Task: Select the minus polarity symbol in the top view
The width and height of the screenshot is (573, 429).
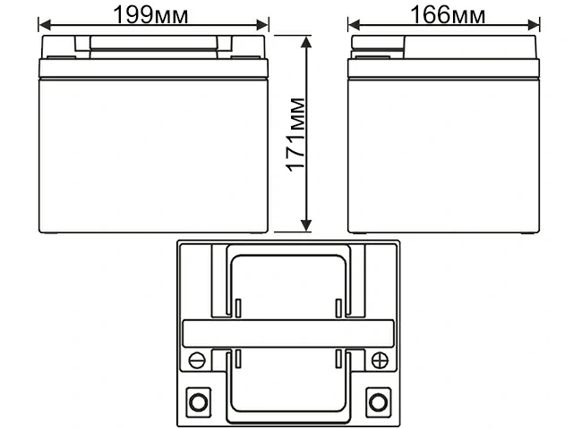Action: [197, 360]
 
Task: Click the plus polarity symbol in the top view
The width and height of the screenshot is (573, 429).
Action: [379, 360]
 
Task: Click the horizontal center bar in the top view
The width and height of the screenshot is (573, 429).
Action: [287, 332]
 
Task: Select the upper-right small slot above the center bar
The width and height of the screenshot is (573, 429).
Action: [338, 308]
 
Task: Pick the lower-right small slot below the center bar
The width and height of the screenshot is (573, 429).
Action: [338, 358]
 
